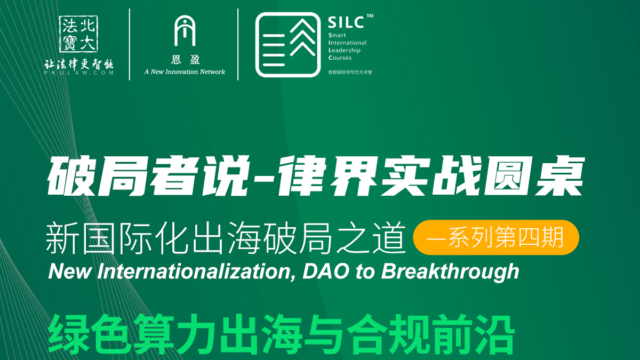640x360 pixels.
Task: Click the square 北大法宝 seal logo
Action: tap(78, 34)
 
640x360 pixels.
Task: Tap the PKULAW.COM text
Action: tap(79, 73)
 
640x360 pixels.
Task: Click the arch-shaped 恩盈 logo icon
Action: tap(185, 31)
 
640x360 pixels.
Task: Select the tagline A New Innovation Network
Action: tap(185, 71)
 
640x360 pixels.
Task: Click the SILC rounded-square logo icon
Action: tap(288, 45)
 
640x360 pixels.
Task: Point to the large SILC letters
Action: tap(346, 22)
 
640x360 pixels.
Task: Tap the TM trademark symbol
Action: tap(370, 16)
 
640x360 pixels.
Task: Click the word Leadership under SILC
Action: tap(345, 50)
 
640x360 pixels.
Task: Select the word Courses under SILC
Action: tap(340, 58)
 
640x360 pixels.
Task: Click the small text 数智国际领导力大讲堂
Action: tap(350, 73)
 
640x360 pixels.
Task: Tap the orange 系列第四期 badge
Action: tap(496, 237)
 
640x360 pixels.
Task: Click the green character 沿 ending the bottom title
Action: tap(494, 334)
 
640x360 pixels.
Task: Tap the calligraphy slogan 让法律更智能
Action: tap(79, 65)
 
